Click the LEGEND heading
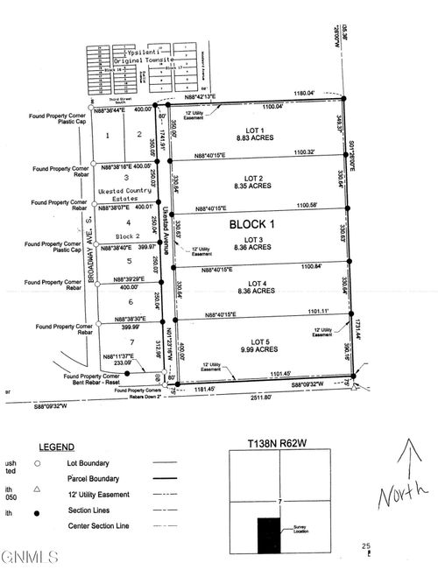coord(49,447)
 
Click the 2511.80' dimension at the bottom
coord(255,397)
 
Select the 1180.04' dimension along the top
coord(306,93)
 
